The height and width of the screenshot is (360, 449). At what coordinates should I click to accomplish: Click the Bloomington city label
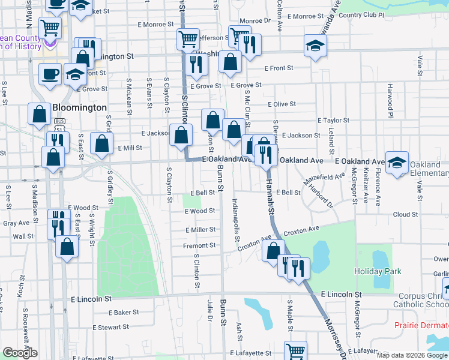(x=79, y=108)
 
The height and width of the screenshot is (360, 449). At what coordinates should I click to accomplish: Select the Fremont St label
(x=200, y=245)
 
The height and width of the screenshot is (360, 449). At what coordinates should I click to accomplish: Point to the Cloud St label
(x=405, y=214)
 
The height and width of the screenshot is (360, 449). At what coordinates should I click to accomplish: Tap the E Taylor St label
(x=333, y=120)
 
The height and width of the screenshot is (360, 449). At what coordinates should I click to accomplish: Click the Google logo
(x=20, y=353)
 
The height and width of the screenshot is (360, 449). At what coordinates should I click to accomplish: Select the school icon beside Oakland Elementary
(x=397, y=163)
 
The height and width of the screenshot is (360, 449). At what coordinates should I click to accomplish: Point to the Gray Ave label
(x=17, y=223)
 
